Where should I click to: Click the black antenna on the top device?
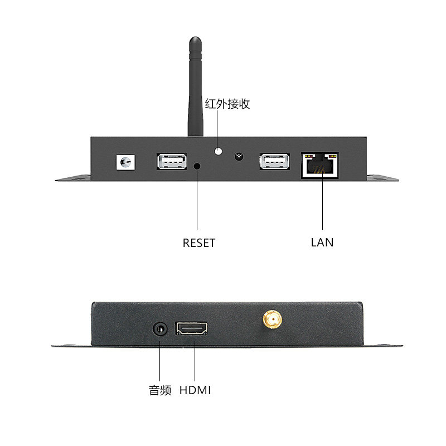(195, 84)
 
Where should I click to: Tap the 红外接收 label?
(227, 104)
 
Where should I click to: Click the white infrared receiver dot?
(219, 151)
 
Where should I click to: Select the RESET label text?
(199, 243)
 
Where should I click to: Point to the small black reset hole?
(197, 166)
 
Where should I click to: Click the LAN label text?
(322, 243)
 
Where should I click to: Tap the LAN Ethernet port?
(320, 164)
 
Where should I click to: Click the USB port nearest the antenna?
(171, 162)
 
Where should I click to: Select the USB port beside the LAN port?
(274, 162)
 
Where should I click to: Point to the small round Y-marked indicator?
(240, 156)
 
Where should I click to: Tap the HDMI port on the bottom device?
(192, 328)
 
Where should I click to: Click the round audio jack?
(161, 329)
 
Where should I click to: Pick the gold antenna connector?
(272, 319)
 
